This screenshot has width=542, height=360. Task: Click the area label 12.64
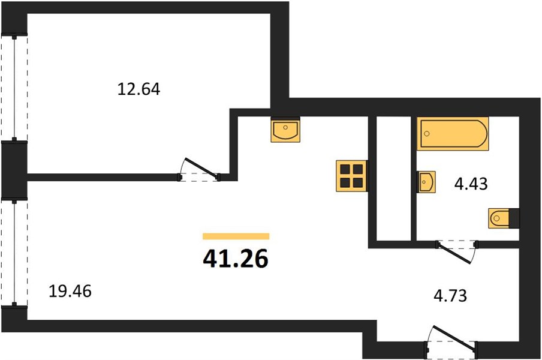point(138,89)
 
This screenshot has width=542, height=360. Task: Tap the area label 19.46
point(70,291)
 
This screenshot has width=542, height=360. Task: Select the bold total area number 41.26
point(236,259)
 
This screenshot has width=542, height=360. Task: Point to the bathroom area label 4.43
point(471,184)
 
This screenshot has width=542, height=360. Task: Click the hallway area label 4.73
point(450,296)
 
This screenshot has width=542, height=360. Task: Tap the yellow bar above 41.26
point(236,236)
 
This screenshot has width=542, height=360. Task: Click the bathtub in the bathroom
point(453,133)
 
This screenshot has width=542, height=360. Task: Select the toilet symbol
point(499,218)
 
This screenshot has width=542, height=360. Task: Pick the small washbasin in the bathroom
point(426,182)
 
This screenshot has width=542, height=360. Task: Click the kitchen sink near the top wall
point(285,130)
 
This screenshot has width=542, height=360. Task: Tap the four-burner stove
point(351,176)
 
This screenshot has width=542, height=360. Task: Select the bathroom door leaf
point(454,253)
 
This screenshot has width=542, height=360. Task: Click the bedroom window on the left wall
point(14,88)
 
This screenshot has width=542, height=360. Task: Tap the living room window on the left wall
point(14,253)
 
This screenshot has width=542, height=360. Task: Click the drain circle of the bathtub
point(427,134)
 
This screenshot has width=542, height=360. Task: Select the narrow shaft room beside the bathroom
point(393,178)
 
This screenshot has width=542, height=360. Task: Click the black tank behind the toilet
point(514,218)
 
